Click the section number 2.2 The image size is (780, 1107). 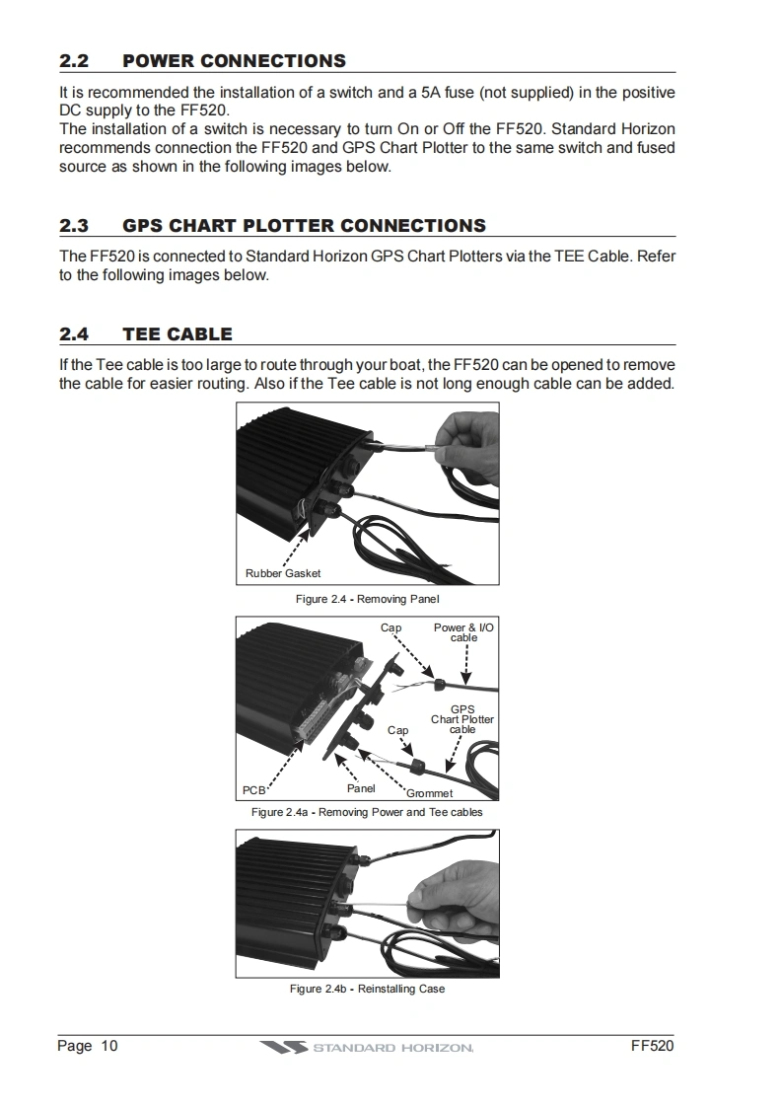pos(74,61)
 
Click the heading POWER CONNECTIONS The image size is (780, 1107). pos(234,61)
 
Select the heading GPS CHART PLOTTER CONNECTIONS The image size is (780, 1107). pos(304,226)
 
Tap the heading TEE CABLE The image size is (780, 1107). pos(177,334)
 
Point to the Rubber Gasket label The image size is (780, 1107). pos(283,573)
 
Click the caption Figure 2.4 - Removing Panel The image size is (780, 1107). pos(367,599)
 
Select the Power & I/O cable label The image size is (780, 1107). pos(463,632)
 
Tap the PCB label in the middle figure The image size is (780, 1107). pos(254,789)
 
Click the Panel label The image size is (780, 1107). pos(361,788)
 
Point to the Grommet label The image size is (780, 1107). pos(430,793)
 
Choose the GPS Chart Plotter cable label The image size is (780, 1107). pos(461,719)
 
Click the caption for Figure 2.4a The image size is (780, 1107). pos(367,812)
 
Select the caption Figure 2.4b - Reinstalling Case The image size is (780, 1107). pos(367,989)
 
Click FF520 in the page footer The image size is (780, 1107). pos(652,1046)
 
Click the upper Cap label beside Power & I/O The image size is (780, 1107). pos(390,627)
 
